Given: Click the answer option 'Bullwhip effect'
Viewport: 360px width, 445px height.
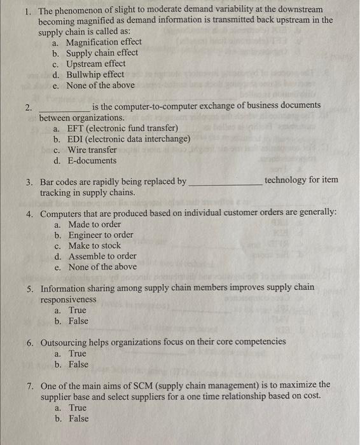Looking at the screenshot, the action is pos(95,74).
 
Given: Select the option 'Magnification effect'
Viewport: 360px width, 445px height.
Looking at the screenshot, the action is pos(104,42).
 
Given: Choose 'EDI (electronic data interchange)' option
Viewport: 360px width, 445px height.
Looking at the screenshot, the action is pos(128,139).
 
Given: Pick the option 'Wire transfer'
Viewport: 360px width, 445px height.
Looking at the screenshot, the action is pos(92,149).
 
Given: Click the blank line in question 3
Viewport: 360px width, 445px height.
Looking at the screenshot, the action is pos(225,183).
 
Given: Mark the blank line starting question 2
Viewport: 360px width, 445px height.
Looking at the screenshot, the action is pos(64,109).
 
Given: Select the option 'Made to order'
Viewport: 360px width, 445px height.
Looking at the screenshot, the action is pos(94,224).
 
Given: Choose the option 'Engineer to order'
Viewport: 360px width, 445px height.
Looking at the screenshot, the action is pos(100,235).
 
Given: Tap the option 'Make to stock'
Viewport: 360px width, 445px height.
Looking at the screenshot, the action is pos(94,245).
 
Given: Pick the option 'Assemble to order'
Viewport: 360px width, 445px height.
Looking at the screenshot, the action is pos(102,256).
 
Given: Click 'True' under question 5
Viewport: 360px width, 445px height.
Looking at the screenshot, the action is pos(78,310).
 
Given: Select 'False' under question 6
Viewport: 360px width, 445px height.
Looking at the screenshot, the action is pos(79,364).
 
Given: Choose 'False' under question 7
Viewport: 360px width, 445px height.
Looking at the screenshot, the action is pos(79,418).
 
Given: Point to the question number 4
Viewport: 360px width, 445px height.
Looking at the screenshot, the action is pos(30,212).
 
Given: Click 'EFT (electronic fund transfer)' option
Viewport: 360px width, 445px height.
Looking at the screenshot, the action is pos(119,128).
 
